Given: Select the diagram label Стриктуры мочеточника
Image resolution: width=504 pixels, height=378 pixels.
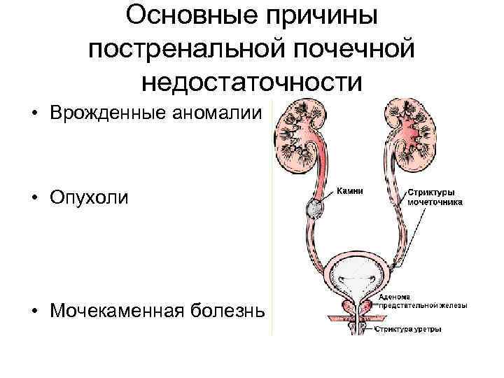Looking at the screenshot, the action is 434,195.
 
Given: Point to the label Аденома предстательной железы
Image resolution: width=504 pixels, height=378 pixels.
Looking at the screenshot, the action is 423,301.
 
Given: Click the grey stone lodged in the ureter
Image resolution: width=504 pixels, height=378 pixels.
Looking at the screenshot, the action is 314,208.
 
